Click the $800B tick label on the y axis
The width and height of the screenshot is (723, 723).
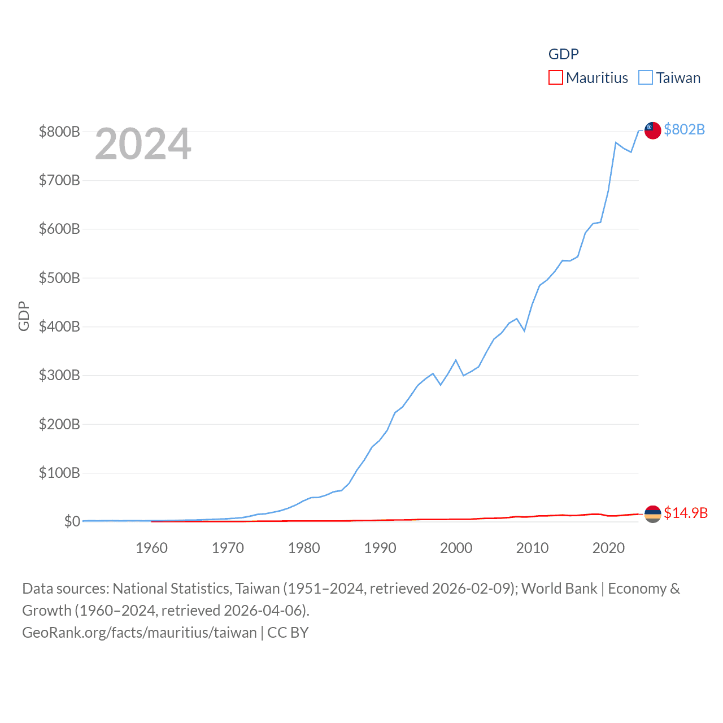[59, 132]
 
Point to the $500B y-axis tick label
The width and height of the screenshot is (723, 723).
[59, 278]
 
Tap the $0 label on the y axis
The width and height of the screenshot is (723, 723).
[72, 521]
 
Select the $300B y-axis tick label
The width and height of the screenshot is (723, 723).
[59, 376]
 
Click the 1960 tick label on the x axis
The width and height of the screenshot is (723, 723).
[151, 548]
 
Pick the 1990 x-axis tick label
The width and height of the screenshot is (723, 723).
[380, 548]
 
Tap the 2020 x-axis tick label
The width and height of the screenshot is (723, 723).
[608, 548]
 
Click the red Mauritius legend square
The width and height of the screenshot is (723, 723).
[556, 77]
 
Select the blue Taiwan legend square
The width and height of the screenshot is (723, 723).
[646, 77]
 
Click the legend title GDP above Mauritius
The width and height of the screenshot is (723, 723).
[563, 54]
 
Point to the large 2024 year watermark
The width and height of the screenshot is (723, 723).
[143, 144]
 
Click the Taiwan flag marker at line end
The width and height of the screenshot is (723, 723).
[653, 130]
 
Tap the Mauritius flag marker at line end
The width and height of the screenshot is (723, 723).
[653, 513]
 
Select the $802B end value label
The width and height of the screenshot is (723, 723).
[684, 130]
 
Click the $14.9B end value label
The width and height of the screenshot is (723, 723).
[686, 513]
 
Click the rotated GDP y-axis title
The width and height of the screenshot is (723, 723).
[24, 316]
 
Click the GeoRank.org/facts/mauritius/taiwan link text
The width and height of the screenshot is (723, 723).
[139, 633]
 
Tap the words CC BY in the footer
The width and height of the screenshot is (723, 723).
[288, 633]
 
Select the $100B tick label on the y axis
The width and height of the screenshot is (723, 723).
[59, 473]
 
